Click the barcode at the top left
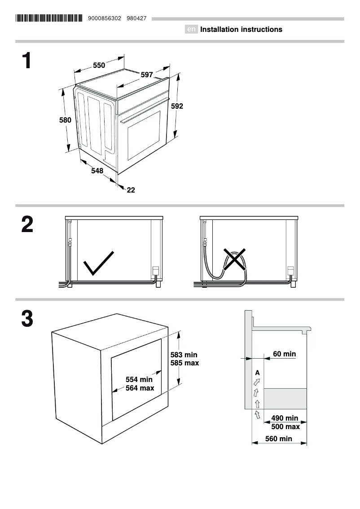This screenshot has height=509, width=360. pyautogui.click(x=49, y=18)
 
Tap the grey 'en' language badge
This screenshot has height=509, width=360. pyautogui.click(x=191, y=30)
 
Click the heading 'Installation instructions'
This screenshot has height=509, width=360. pyautogui.click(x=241, y=30)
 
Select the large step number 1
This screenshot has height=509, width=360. pyautogui.click(x=27, y=61)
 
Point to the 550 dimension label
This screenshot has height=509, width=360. pyautogui.click(x=99, y=66)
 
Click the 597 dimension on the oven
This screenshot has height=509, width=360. pyautogui.click(x=147, y=75)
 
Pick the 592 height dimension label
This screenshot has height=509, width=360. pyautogui.click(x=177, y=106)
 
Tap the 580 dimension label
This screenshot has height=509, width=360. pyautogui.click(x=66, y=120)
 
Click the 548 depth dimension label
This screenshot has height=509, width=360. pyautogui.click(x=97, y=171)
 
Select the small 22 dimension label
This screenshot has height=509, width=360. pyautogui.click(x=131, y=190)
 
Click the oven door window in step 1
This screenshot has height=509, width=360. pyautogui.click(x=144, y=135)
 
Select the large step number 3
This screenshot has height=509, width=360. pyautogui.click(x=27, y=319)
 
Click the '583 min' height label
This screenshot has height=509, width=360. pyautogui.click(x=184, y=355)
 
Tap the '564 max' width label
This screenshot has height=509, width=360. pyautogui.click(x=140, y=388)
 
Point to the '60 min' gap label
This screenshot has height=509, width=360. pyautogui.click(x=284, y=354)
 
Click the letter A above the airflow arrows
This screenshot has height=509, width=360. pyautogui.click(x=257, y=373)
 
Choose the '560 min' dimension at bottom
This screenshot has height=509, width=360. pyautogui.click(x=278, y=439)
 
